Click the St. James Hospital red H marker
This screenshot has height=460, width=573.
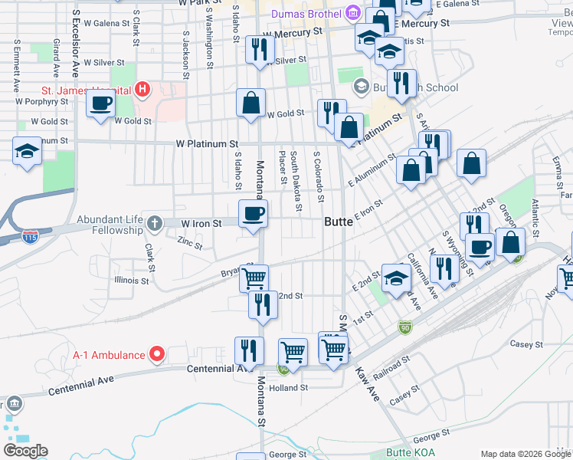[x=141, y=90]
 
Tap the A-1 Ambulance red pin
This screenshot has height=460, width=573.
[x=157, y=354]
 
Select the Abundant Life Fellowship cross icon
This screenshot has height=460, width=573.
[x=154, y=223]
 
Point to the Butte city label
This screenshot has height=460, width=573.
[x=339, y=222]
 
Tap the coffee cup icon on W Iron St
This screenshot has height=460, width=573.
[x=253, y=214]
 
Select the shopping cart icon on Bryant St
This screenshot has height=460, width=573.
[x=254, y=277]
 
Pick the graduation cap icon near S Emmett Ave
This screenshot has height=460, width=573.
[x=27, y=149]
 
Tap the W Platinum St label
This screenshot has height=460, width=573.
[x=207, y=143]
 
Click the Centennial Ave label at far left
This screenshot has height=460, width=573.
[x=80, y=386]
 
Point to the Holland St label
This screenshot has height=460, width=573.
[x=288, y=388]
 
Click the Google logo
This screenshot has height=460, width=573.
[x=26, y=450]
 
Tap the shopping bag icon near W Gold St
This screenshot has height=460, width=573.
[x=250, y=103]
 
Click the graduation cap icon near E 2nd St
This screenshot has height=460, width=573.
[x=395, y=278]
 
